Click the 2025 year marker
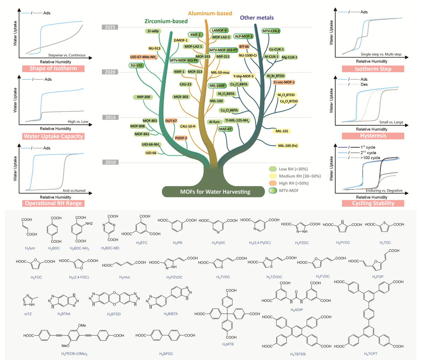pyautogui.click(x=110, y=27)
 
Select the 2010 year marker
pyautogui.click(x=110, y=162)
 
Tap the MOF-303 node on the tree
pyautogui.click(x=181, y=97)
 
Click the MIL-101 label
pyautogui.click(x=282, y=131)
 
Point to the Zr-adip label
pyautogui.click(x=153, y=31)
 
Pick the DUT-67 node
pyautogui.click(x=171, y=121)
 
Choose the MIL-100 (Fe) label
pyautogui.click(x=288, y=146)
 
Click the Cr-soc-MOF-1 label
pyautogui.click(x=284, y=82)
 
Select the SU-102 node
pyautogui.click(x=136, y=66)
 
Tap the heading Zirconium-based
pyautogui.click(x=166, y=21)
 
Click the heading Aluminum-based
pyautogui.click(x=210, y=13)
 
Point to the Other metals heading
pyautogui.click(x=257, y=18)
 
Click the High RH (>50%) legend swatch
pyautogui.click(x=273, y=183)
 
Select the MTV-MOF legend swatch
pyautogui.click(x=273, y=191)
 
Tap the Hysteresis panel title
pyautogui.click(x=373, y=136)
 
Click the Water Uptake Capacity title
pyautogui.click(x=53, y=136)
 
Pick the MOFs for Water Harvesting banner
pyautogui.click(x=213, y=192)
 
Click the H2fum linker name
pyautogui.click(x=30, y=248)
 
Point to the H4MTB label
pyautogui.click(x=228, y=344)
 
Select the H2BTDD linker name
pyautogui.click(x=114, y=314)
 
